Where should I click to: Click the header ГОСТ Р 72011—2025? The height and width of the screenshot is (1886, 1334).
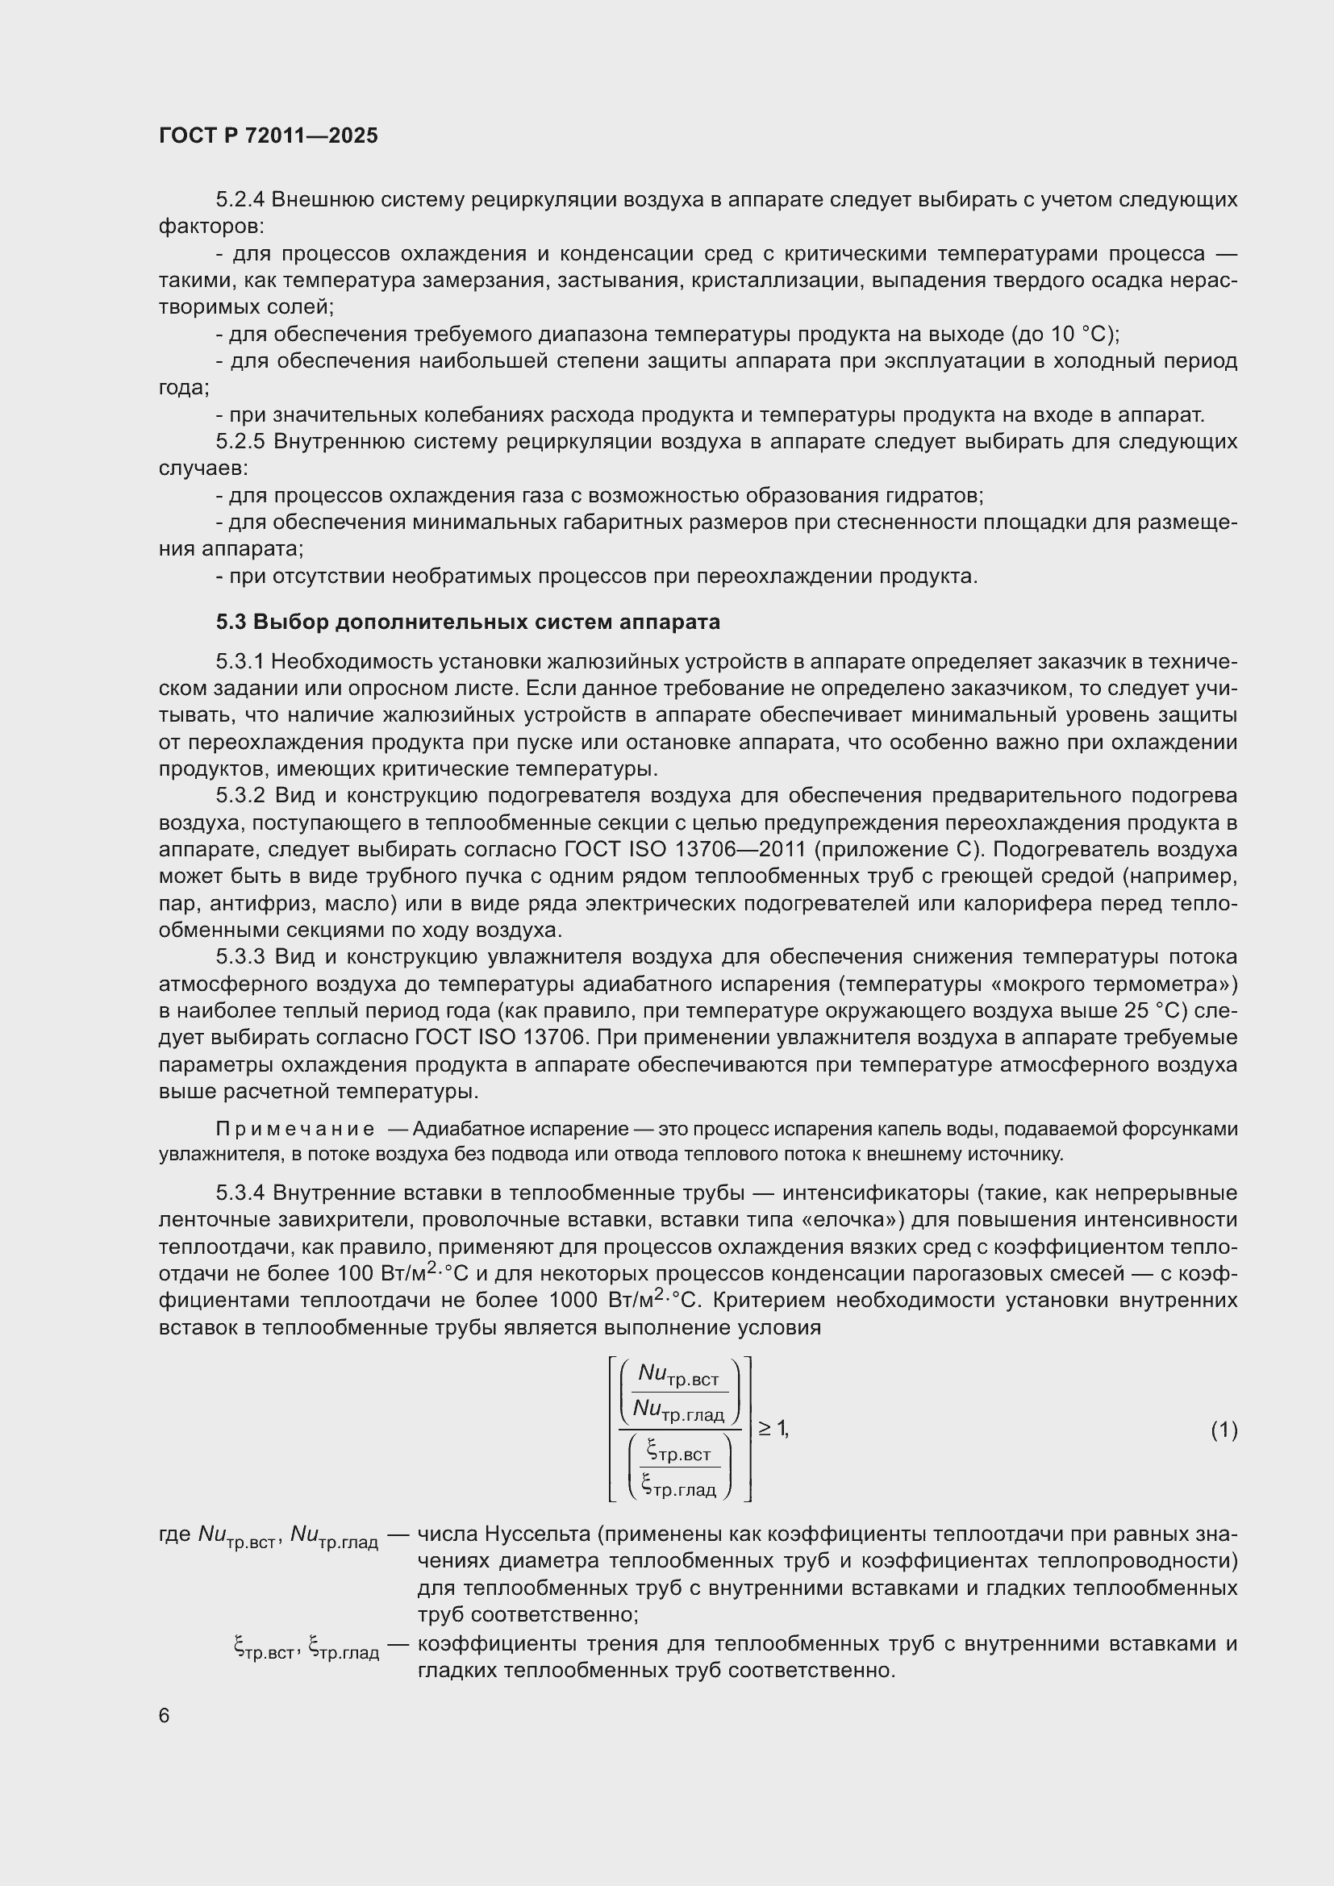click(268, 135)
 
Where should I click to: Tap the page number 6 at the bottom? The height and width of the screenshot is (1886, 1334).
click(165, 1715)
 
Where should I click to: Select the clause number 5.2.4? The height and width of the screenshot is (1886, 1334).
click(240, 200)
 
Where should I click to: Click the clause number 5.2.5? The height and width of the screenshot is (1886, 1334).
click(240, 442)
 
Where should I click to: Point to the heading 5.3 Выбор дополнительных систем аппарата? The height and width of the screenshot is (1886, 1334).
click(468, 622)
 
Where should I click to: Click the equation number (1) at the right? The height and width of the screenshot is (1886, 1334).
click(1224, 1430)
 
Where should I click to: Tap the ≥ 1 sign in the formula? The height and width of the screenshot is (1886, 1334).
click(772, 1429)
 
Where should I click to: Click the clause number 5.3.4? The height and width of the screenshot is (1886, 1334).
click(240, 1193)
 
